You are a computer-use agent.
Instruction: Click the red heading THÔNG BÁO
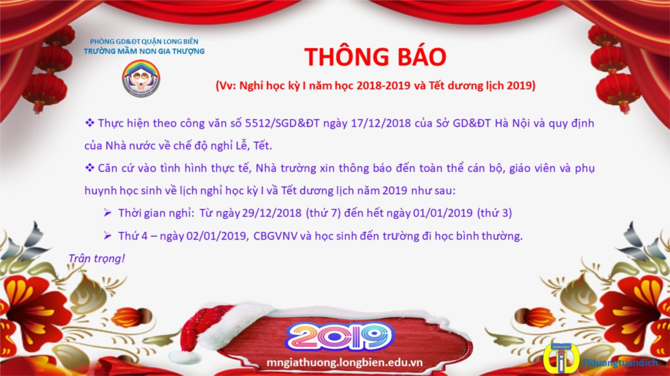pyautogui.click(x=375, y=56)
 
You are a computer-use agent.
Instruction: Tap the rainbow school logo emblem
pyautogui.click(x=141, y=78)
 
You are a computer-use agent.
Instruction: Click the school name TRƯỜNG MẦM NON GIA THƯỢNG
pyautogui.click(x=144, y=52)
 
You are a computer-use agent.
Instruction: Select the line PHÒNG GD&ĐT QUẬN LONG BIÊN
pyautogui.click(x=144, y=42)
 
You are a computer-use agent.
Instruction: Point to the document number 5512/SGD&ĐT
pyautogui.click(x=282, y=123)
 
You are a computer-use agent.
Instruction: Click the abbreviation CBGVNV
pyautogui.click(x=275, y=236)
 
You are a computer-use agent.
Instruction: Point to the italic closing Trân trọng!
pyautogui.click(x=96, y=258)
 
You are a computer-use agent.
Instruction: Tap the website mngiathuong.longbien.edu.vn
pyautogui.click(x=344, y=363)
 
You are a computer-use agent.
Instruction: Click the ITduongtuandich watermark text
pyautogui.click(x=621, y=363)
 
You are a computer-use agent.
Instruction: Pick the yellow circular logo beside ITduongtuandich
pyautogui.click(x=561, y=358)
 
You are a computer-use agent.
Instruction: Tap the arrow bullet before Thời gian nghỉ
pyautogui.click(x=108, y=212)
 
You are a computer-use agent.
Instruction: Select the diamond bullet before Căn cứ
pyautogui.click(x=89, y=168)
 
